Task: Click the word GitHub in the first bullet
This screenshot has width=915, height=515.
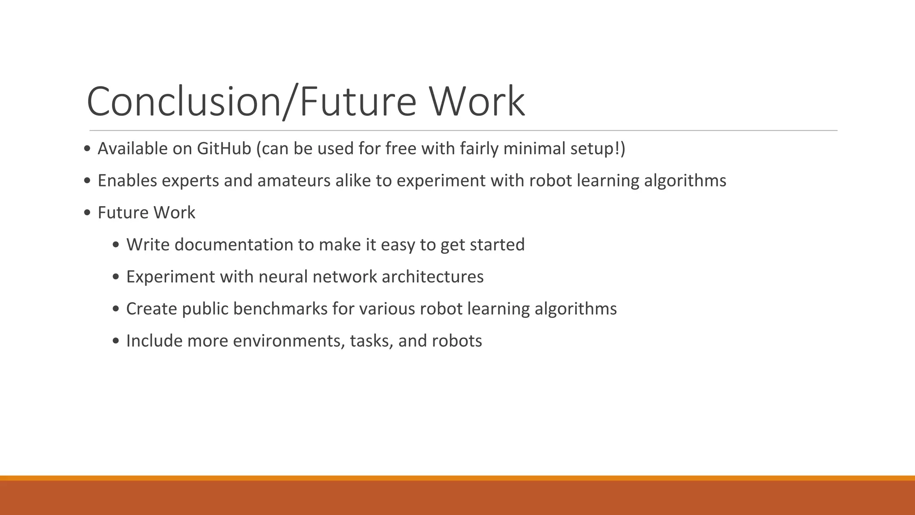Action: click(224, 149)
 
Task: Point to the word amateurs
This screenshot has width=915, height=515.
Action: click(294, 181)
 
